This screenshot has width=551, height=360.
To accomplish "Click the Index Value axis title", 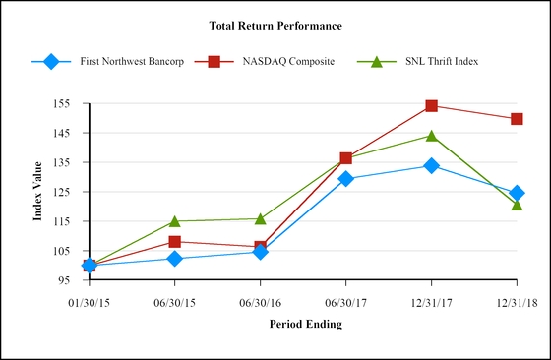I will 37,192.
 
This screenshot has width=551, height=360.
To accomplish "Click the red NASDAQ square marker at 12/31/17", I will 431,105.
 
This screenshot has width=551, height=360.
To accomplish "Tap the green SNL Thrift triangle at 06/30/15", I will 175,221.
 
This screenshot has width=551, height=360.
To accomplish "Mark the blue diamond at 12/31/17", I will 431,165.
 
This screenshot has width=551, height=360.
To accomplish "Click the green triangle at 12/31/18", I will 517,205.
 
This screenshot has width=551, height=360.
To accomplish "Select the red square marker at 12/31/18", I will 517,119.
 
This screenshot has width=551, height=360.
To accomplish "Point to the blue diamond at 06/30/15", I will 175,259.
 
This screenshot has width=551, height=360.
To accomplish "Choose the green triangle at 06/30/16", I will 260,218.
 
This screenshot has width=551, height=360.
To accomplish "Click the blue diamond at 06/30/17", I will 345,178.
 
